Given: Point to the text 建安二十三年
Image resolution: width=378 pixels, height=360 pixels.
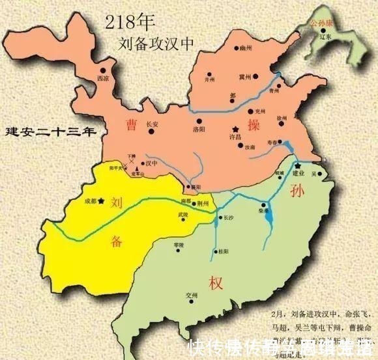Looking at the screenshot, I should (x=50, y=131).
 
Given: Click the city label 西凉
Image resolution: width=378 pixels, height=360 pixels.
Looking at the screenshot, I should (x=102, y=78).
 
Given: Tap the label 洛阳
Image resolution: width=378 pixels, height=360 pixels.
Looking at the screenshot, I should (x=199, y=129).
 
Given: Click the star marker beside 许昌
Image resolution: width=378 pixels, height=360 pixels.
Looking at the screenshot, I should (x=235, y=128).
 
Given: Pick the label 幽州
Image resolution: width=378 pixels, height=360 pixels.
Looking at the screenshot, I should (x=245, y=47).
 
